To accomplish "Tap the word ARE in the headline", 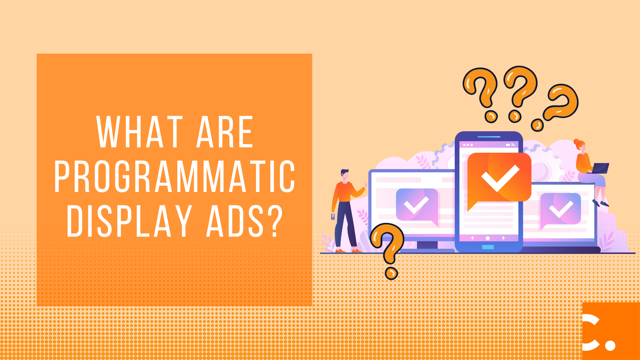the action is [x=225, y=132].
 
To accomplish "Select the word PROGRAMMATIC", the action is [x=175, y=176].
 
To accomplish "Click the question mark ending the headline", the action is [x=275, y=221].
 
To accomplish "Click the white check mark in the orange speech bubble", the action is [x=500, y=178].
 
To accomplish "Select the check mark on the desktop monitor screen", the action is [x=416, y=205].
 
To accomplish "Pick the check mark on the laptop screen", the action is [x=561, y=209].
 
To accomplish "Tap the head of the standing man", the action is [x=345, y=174].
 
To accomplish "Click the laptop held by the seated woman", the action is [x=599, y=168].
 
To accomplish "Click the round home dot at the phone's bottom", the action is [x=488, y=238].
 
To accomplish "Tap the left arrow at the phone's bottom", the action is [x=472, y=238].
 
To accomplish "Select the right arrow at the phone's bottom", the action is [x=503, y=238].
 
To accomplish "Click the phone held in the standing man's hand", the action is [x=333, y=217].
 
